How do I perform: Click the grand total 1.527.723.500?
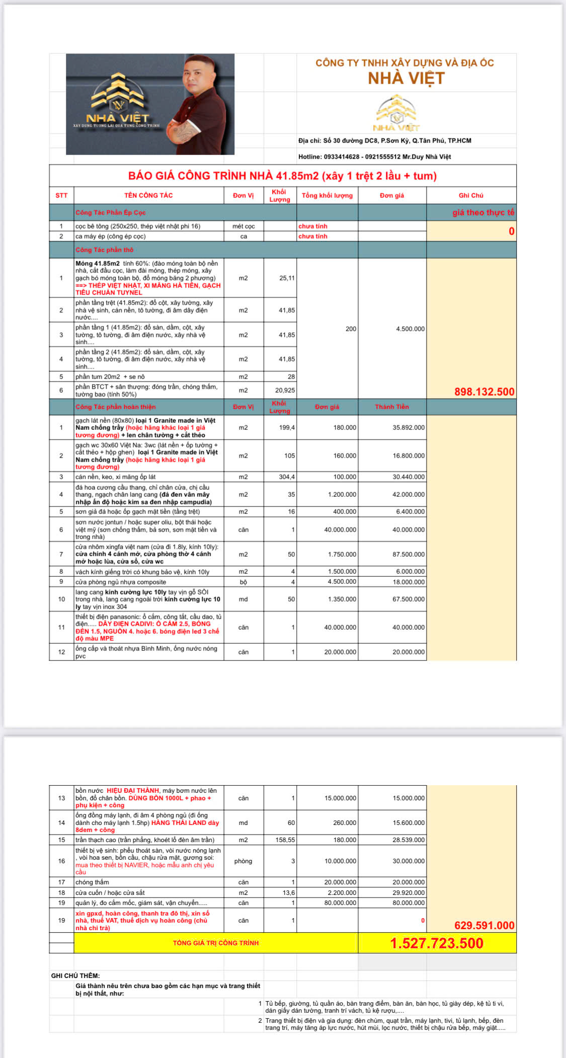(x=437, y=943)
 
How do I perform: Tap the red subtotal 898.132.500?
(x=484, y=392)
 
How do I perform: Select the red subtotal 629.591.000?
(x=484, y=925)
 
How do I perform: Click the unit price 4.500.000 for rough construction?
(x=410, y=329)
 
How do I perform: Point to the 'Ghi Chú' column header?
(x=471, y=195)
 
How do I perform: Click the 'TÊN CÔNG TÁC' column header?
(x=148, y=195)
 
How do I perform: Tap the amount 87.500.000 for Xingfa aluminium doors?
(x=408, y=554)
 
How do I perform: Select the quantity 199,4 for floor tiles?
(x=287, y=428)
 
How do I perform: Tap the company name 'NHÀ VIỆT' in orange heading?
(x=406, y=79)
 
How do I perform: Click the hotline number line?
(x=374, y=157)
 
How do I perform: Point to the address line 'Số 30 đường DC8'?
(x=384, y=140)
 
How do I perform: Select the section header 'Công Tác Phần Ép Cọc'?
(x=110, y=212)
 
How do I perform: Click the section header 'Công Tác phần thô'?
(x=104, y=250)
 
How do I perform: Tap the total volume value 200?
(x=351, y=329)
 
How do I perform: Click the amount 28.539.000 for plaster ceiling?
(x=408, y=840)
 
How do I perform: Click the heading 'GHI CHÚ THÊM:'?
(x=75, y=975)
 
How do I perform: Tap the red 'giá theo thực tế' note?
(x=483, y=212)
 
